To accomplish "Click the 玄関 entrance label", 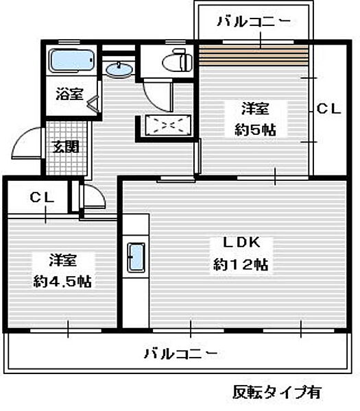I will (x=67, y=147).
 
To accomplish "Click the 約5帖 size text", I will (x=255, y=129).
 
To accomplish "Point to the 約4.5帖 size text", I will (x=63, y=281).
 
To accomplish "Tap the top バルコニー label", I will (x=253, y=21).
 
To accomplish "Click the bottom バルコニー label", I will (x=180, y=353).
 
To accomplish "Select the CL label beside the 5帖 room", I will (x=328, y=108).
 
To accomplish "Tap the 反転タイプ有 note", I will (x=276, y=392).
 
